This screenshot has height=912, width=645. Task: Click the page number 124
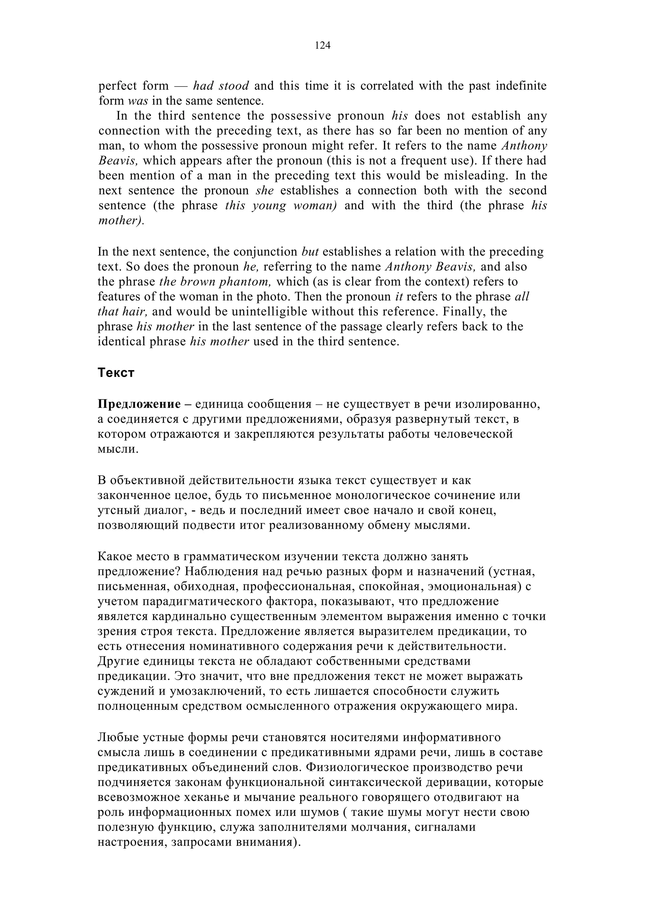coord(322,46)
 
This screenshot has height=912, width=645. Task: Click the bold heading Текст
coord(116,373)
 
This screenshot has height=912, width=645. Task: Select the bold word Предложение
coord(139,404)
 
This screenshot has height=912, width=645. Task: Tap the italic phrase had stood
coord(221,86)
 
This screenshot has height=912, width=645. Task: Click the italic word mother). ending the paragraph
coord(122,220)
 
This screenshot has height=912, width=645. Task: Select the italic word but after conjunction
coord(310,252)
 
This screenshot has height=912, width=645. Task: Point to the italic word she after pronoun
coord(265,190)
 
